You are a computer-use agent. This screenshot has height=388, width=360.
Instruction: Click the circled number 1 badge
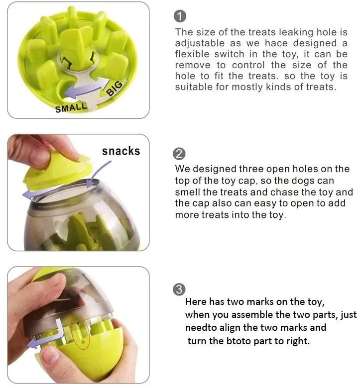pos(180,17)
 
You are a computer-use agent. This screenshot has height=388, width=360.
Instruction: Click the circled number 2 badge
pos(180,153)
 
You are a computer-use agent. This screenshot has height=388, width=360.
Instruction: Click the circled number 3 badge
pos(180,290)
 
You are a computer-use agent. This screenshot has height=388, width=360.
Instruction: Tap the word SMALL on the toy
pos(71,106)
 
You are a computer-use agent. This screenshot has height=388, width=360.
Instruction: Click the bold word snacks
pos(121,151)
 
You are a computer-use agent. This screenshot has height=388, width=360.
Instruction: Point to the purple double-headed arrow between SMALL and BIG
pos(93,92)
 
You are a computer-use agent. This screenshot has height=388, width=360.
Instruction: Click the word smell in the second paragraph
pos(188,192)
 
